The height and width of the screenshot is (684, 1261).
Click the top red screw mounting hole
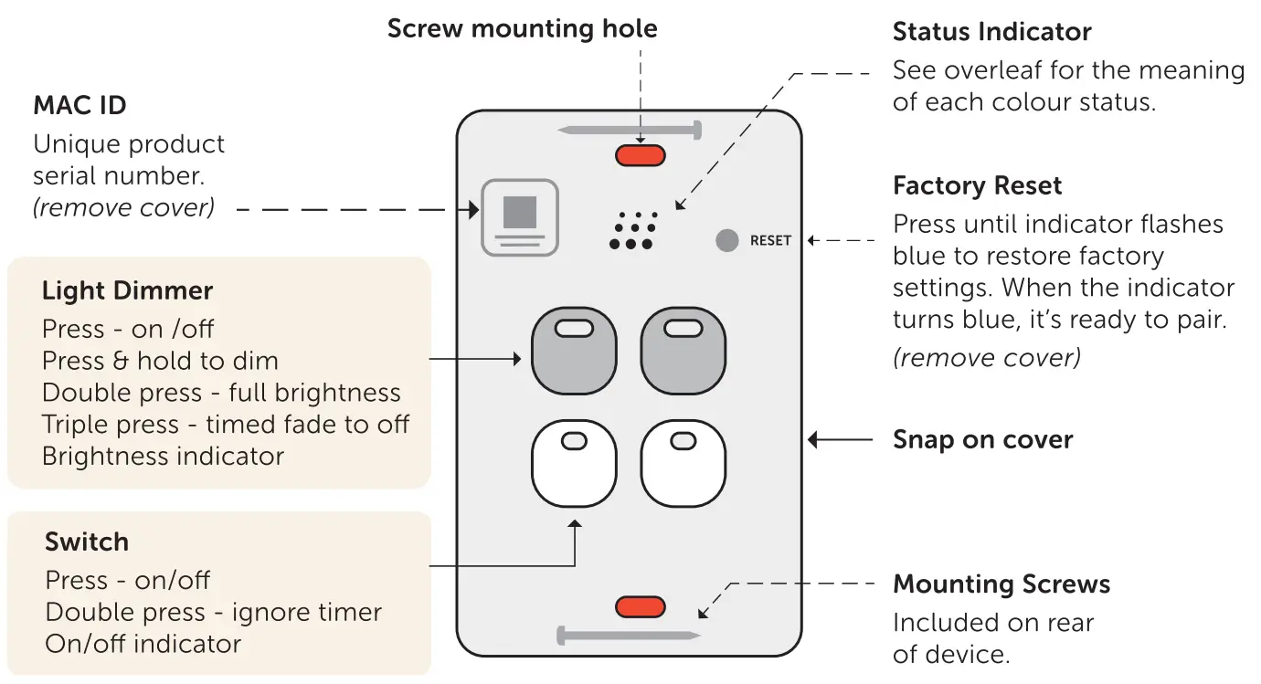[x=640, y=155]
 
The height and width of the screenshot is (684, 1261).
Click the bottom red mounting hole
[x=640, y=606]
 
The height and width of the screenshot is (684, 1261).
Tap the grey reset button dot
[x=726, y=240]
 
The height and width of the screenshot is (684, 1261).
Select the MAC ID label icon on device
[x=520, y=217]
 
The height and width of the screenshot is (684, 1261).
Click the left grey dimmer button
[x=574, y=351]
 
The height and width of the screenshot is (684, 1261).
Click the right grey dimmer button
[x=683, y=351]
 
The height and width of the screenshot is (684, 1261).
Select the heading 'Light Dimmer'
[x=127, y=291]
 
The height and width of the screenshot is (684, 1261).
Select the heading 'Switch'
[x=87, y=542]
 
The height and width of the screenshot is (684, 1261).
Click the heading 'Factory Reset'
[x=977, y=186]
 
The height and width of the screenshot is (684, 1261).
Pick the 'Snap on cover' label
[x=982, y=440]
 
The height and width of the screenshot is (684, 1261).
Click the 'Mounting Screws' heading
[x=1001, y=584]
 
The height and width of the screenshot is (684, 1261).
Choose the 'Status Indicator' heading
[x=991, y=32]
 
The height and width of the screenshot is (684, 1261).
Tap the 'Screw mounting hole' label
[x=522, y=28]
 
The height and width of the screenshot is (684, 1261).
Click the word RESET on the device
[x=770, y=241]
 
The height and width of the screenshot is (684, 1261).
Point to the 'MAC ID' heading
[x=79, y=106]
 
